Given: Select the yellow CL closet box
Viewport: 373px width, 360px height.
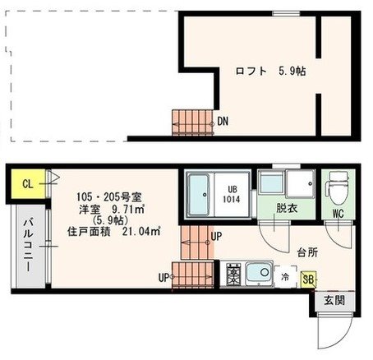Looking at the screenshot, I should tap(26, 183).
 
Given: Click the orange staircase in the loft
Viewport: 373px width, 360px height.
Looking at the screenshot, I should tap(191, 122).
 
